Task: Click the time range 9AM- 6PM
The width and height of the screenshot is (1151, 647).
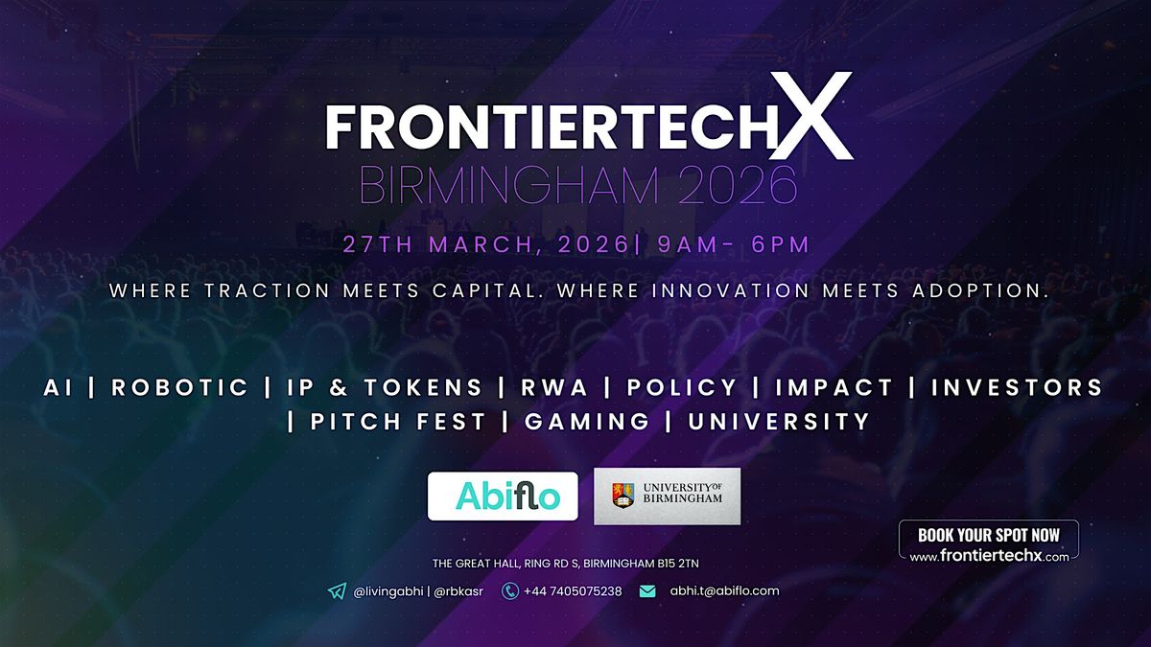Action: pos(733,244)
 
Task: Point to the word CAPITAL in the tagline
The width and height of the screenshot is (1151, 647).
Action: pos(485,290)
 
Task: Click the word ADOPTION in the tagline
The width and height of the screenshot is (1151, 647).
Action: pos(980,290)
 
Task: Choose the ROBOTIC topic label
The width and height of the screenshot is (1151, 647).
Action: pos(180,387)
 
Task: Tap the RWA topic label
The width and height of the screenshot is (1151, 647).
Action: pos(554,387)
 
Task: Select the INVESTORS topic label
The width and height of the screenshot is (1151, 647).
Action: pos(1018,387)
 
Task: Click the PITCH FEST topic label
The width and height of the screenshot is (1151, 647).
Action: pos(398,422)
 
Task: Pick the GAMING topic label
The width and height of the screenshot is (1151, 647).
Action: pos(587,422)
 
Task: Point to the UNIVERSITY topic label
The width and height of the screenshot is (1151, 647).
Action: pos(779,422)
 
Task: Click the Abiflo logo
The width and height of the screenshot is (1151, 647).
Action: pos(503,497)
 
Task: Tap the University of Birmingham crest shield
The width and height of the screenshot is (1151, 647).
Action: pos(622,496)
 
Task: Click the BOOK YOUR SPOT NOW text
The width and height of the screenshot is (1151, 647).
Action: pos(989,535)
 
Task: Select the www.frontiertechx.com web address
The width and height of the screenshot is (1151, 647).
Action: pos(989,556)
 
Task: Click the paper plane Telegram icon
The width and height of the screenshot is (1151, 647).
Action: pos(337,591)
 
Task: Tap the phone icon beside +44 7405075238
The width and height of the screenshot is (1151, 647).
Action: pos(509,591)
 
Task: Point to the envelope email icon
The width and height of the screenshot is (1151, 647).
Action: pos(647,591)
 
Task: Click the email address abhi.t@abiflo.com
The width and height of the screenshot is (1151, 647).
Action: pos(724,591)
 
